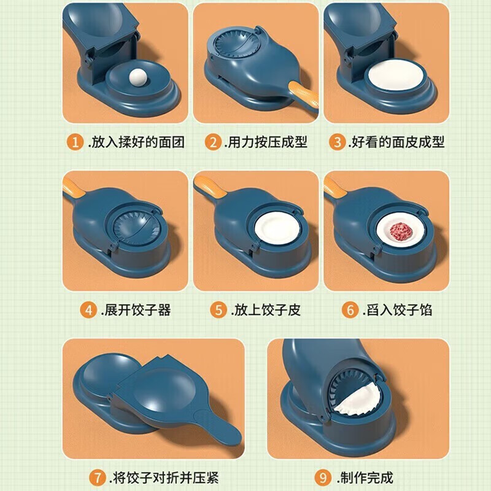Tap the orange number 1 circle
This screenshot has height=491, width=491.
point(75,142)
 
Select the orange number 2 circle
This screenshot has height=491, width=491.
point(212,142)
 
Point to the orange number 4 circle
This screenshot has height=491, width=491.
point(89,309)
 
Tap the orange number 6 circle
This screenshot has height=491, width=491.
point(349,309)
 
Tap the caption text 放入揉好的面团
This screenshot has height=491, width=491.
point(136,142)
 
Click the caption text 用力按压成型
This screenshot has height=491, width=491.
point(266,142)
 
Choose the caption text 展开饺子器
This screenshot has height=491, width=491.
point(136,309)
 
